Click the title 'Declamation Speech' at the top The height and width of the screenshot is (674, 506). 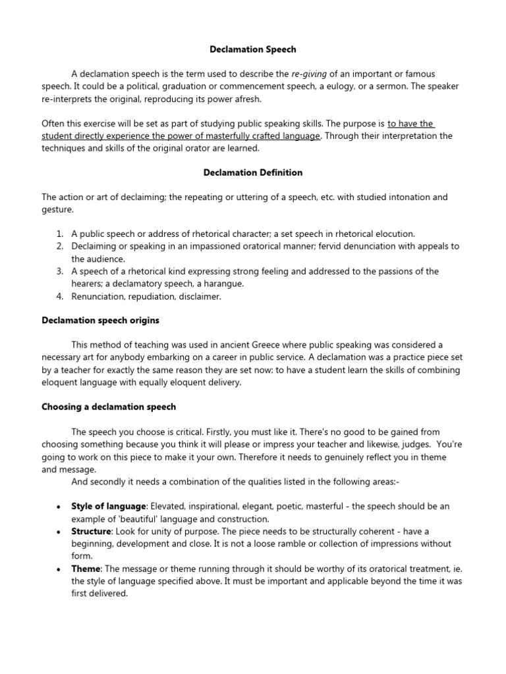pos(252,49)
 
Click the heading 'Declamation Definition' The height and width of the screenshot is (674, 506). pos(252,172)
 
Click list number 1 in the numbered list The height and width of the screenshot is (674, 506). pos(59,234)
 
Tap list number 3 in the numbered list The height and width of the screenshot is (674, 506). pos(59,271)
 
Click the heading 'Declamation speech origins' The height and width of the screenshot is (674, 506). pos(101,321)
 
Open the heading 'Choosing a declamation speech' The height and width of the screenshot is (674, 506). pos(109,407)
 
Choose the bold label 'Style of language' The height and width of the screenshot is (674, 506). pos(109,506)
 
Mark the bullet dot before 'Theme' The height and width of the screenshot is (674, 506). pos(59,569)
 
